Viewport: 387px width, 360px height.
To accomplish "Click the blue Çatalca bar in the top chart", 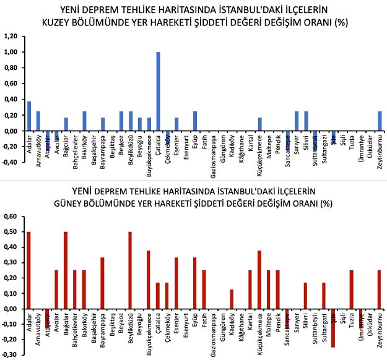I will pos(158,92).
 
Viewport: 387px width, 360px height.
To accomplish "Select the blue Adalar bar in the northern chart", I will pos(29,116).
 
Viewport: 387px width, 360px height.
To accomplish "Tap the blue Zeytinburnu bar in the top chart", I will pos(379,121).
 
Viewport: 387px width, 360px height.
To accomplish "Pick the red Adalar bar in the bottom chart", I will pos(28,270).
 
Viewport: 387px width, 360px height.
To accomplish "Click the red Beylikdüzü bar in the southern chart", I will pos(130,270).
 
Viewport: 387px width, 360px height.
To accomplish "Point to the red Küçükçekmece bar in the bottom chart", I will pos(259,280).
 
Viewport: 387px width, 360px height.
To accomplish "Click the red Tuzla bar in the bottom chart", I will pos(351,289).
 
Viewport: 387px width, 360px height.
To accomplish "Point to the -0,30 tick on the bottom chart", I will pos(11,355).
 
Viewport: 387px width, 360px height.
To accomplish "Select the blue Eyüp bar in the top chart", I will pos(195,121).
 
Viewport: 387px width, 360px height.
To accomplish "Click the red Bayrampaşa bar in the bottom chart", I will pos(102,283).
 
